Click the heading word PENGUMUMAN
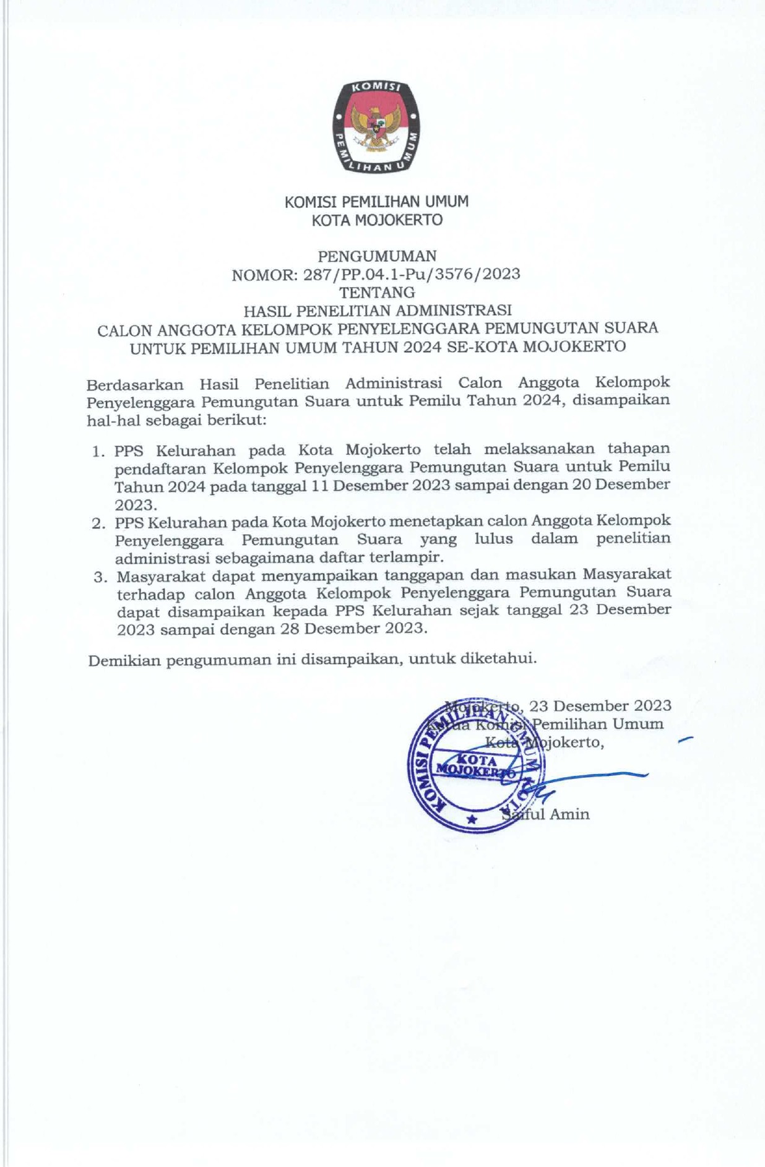coord(377,256)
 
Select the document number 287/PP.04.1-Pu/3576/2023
coord(412,273)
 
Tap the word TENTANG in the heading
coord(377,291)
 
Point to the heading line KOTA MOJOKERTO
coord(377,220)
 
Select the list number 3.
coord(99,577)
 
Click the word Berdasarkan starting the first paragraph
coord(134,384)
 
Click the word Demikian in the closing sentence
coord(124,660)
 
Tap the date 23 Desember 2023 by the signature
coord(600,706)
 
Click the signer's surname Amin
coord(569,814)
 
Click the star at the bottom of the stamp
coord(472,819)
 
